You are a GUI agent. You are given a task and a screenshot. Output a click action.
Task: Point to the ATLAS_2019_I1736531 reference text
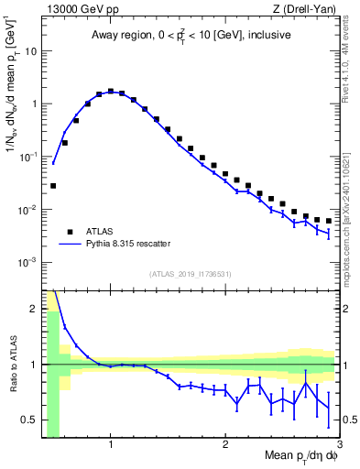tap(191, 274)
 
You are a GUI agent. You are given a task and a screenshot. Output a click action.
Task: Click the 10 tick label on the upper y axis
tap(31, 50)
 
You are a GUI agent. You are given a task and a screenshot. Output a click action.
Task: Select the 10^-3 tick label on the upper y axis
tap(29, 262)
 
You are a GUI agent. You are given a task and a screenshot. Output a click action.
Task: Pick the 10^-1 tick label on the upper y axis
tap(29, 157)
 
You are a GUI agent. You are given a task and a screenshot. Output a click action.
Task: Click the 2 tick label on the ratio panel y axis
tap(35, 308)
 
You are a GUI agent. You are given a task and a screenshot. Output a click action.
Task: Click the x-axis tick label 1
tap(111, 445)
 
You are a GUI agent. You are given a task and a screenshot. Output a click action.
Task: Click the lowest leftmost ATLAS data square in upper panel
tap(53, 186)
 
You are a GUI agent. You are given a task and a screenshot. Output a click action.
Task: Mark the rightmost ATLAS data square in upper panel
tap(328, 221)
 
